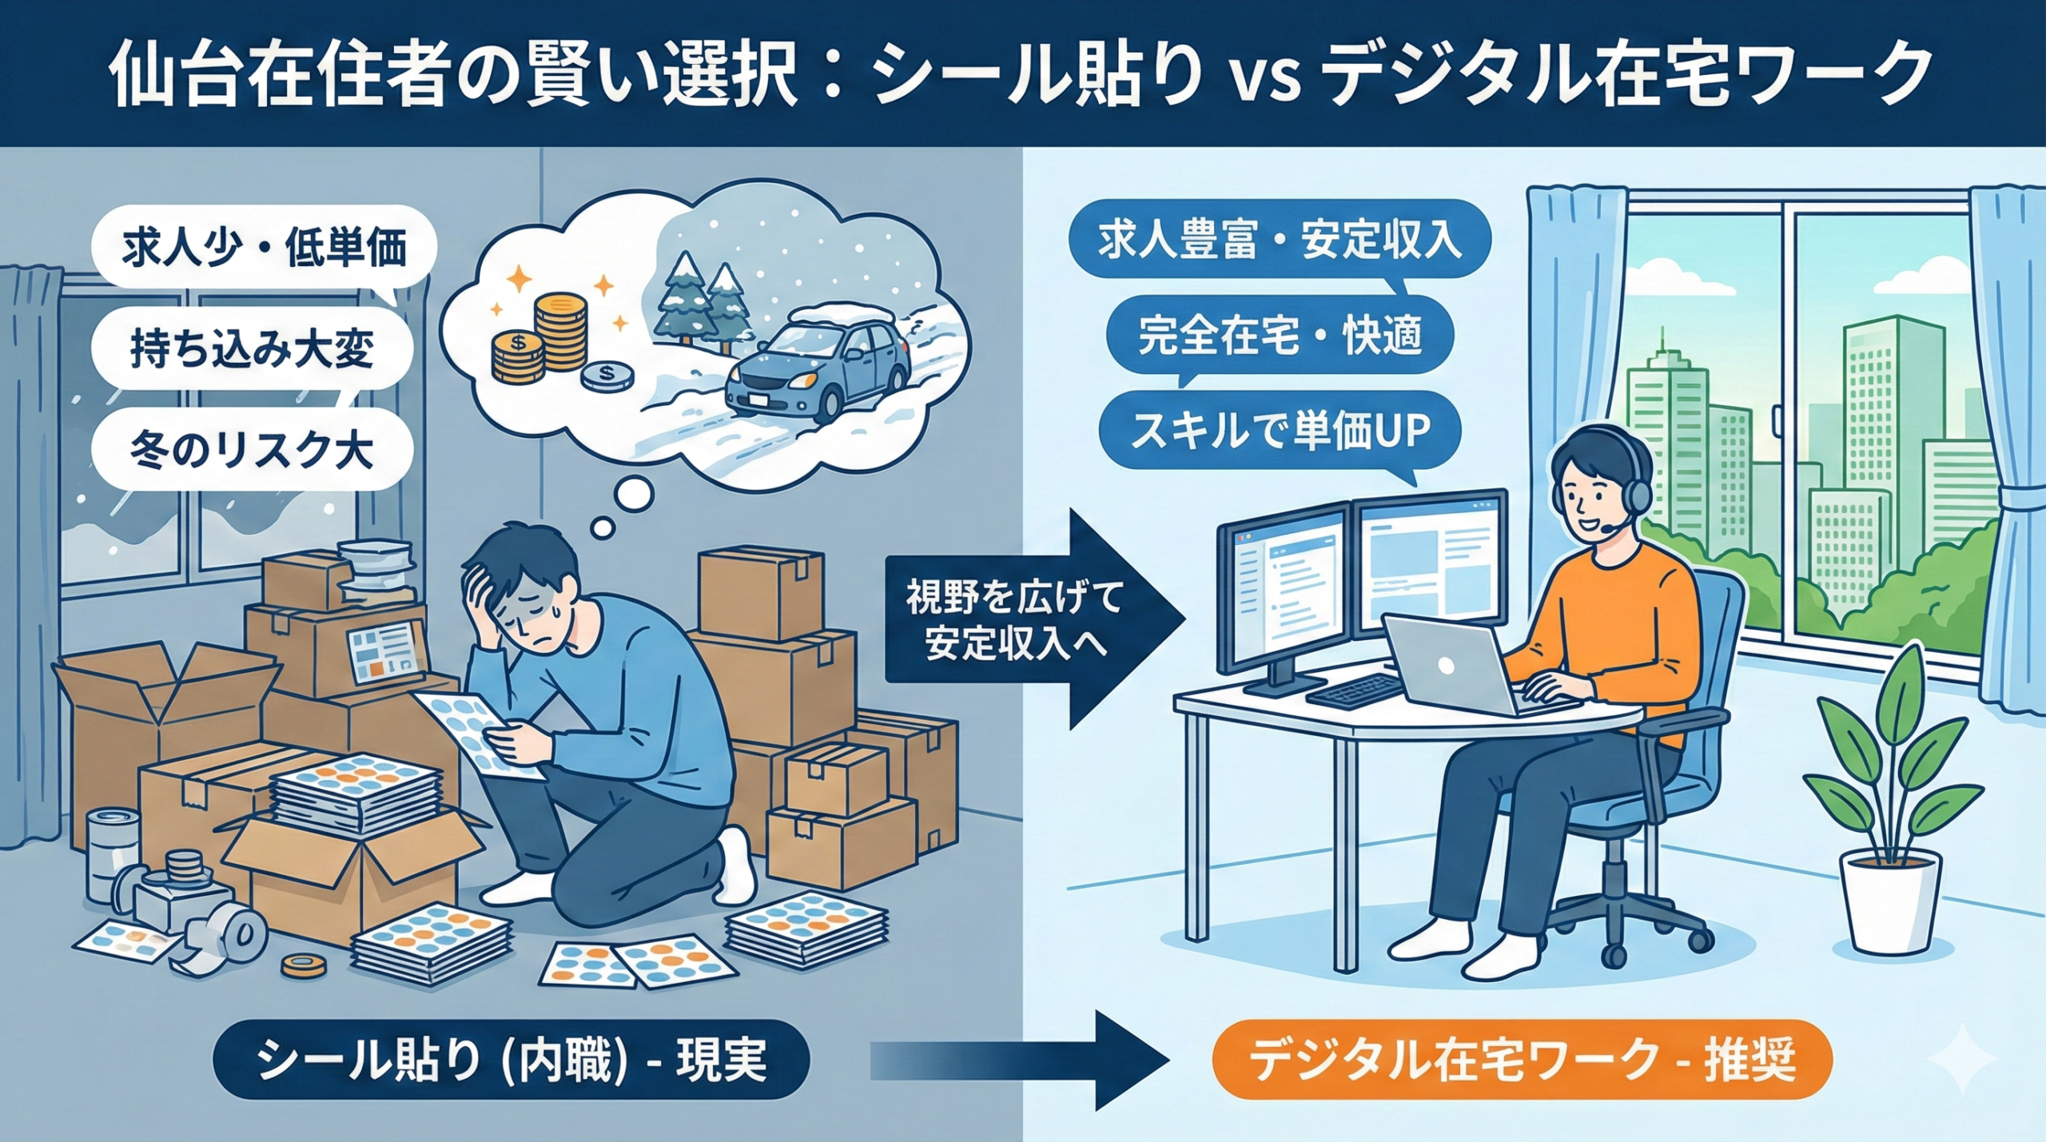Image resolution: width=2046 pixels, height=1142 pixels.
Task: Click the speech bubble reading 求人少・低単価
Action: point(264,249)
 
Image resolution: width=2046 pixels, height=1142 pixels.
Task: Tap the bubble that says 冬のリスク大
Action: point(252,451)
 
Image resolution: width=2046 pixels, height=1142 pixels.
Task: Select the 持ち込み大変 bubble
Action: point(252,350)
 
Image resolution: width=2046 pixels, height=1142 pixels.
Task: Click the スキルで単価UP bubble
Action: point(1279,432)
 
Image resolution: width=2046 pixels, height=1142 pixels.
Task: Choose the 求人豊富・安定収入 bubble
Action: point(1279,241)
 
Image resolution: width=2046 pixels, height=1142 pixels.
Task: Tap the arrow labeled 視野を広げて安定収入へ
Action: point(1031,619)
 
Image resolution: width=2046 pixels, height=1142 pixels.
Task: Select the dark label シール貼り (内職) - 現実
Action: point(511,1060)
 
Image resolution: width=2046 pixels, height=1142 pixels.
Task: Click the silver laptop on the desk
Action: point(1447,663)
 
